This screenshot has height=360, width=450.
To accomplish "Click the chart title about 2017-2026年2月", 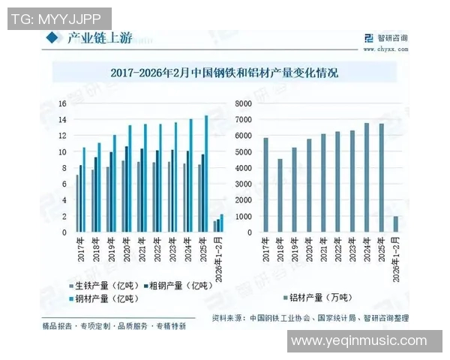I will click(x=224, y=73).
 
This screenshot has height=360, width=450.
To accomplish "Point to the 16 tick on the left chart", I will click(x=63, y=103).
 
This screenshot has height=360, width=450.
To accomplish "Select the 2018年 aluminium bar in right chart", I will click(x=280, y=195).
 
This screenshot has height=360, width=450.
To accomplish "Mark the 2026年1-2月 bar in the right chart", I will click(x=396, y=224).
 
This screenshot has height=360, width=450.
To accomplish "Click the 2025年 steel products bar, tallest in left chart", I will click(x=207, y=173).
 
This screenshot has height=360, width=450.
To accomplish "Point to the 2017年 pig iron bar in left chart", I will click(x=77, y=203).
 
